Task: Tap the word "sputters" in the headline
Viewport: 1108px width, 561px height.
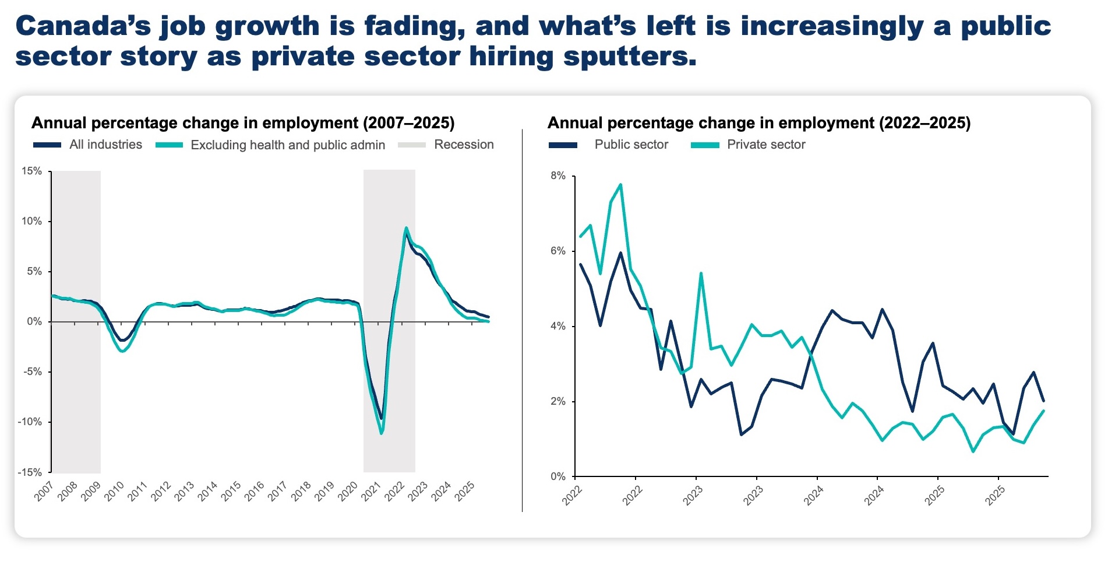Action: click(x=629, y=57)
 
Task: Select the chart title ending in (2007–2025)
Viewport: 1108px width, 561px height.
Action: click(x=243, y=123)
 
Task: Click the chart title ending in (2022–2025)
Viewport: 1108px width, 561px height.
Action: click(x=759, y=123)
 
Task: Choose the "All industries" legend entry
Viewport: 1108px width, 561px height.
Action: click(x=105, y=145)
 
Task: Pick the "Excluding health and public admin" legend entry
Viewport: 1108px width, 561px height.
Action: click(x=288, y=145)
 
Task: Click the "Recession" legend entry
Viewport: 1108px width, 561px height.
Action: click(x=464, y=145)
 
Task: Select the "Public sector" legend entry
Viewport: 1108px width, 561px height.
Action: click(x=631, y=145)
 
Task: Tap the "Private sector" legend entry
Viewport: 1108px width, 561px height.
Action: click(x=766, y=145)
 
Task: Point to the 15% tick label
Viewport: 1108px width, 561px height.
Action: click(x=31, y=171)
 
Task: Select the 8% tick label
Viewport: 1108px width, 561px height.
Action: click(x=558, y=176)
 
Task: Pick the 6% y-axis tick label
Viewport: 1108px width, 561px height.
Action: click(x=558, y=251)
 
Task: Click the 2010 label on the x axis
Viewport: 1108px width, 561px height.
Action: click(x=114, y=492)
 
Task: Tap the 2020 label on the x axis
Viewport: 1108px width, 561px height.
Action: click(x=348, y=492)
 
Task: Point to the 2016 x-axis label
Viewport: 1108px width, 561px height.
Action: click(x=255, y=492)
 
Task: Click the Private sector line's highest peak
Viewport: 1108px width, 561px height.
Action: click(x=620, y=185)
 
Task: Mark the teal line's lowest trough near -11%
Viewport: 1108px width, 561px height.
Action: click(x=382, y=433)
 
